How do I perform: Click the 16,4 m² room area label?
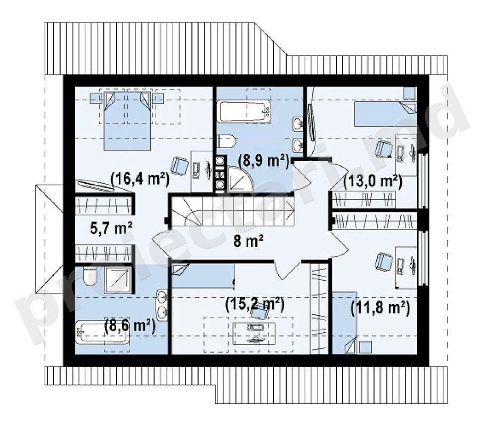tap(140, 179)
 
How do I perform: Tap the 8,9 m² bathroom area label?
tap(263, 160)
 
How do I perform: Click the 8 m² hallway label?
tap(248, 241)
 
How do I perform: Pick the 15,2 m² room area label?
tap(255, 305)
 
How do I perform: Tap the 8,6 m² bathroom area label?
tap(130, 326)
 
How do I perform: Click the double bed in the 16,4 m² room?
tap(127, 121)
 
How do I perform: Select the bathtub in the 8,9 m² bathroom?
tap(245, 111)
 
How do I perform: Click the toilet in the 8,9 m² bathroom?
tap(227, 141)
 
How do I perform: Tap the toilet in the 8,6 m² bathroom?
tap(90, 277)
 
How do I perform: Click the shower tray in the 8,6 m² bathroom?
tap(118, 280)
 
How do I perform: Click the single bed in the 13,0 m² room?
tap(385, 115)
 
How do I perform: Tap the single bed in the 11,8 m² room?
tap(344, 323)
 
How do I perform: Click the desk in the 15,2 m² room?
tap(254, 333)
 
